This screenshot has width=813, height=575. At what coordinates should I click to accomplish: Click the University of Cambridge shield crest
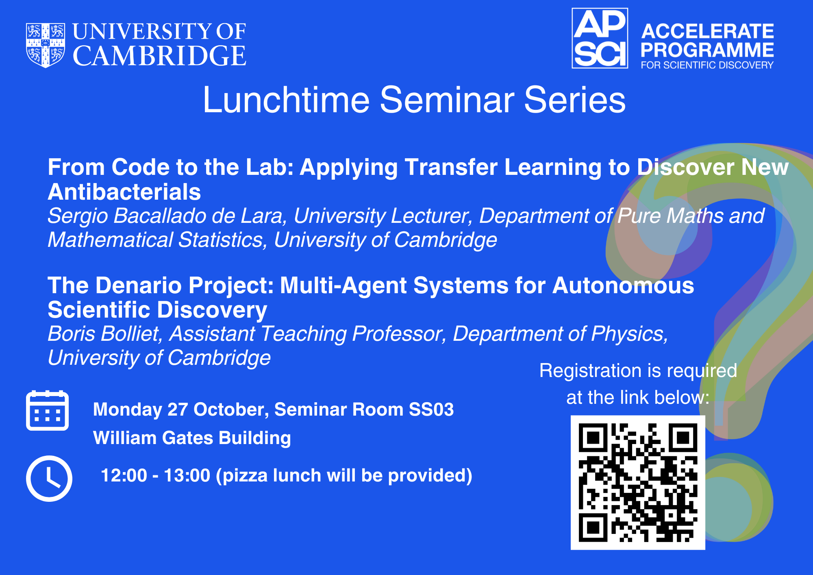point(45,45)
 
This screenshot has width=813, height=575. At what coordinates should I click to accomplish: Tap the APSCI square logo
point(600,38)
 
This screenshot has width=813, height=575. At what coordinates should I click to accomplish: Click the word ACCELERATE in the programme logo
point(707,31)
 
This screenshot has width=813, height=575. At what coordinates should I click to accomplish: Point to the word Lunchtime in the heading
point(286,100)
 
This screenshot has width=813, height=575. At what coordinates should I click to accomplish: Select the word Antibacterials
point(124,192)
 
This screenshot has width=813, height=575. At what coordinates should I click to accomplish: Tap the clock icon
point(49,478)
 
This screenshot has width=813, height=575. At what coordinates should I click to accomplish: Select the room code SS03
point(431,409)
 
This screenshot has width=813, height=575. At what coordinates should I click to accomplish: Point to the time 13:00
point(187,475)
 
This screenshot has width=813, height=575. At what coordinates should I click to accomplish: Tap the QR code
point(638,483)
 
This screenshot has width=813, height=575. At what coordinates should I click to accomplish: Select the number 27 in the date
point(178,409)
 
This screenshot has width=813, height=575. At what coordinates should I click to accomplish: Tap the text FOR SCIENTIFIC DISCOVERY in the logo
point(707,65)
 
